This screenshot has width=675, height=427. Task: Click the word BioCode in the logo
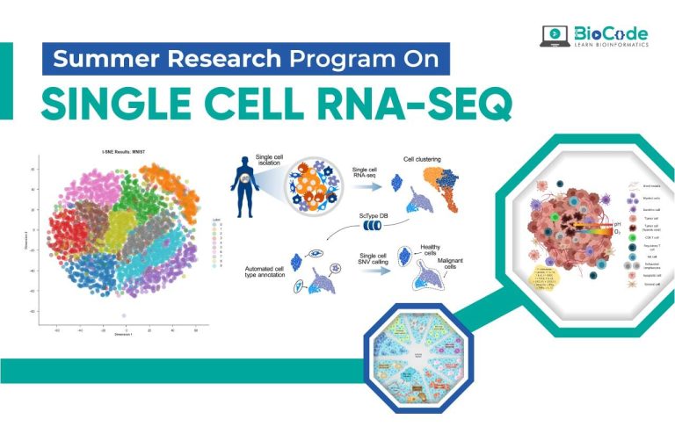point(612,33)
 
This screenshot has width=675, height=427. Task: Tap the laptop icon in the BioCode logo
point(556,36)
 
